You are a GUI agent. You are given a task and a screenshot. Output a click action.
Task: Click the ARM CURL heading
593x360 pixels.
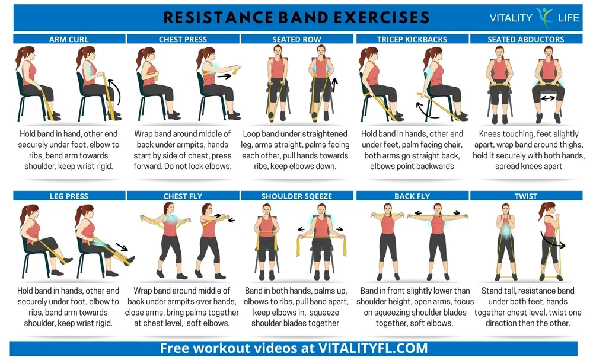coord(69,39)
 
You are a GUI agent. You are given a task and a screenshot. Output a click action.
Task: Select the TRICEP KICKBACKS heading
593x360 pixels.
coord(412,39)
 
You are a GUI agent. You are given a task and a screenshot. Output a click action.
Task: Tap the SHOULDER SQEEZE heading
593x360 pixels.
coord(296,196)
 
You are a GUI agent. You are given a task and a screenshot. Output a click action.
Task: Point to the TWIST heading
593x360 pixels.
coord(525,196)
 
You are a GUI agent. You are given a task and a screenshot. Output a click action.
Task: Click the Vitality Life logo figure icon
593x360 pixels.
coord(545,17)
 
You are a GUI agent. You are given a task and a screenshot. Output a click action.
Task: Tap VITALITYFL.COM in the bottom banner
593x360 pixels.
coord(373,348)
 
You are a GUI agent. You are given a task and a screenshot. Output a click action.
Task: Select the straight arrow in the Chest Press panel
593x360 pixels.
coord(224,77)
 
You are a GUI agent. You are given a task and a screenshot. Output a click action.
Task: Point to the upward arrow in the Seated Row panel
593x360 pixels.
coord(334,85)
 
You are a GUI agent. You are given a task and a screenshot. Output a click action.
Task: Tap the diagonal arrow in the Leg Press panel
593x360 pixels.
coord(122,247)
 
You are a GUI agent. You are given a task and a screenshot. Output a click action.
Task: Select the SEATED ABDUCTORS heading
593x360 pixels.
coord(525,39)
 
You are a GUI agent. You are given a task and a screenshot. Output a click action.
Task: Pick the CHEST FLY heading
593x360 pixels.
coord(183,196)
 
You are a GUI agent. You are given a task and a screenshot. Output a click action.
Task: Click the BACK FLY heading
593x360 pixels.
coord(412,196)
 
